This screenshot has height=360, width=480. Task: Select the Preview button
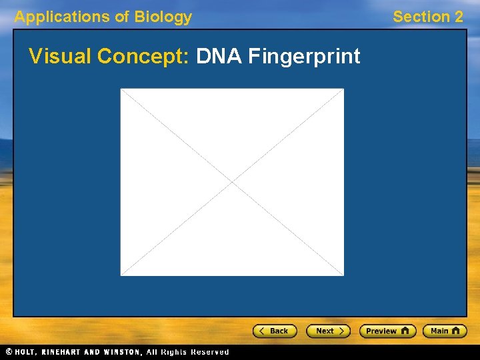tap(387, 331)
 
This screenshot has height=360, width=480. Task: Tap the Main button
tap(445, 331)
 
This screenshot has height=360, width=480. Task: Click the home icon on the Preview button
tap(405, 331)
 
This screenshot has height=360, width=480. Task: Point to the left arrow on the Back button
tap(263, 331)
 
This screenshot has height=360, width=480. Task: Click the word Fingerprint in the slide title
tap(304, 57)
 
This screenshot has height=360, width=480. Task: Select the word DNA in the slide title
tap(219, 57)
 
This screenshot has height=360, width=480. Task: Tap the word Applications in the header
tap(63, 17)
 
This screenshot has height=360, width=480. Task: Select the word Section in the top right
tap(421, 17)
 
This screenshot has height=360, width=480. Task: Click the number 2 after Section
tap(458, 17)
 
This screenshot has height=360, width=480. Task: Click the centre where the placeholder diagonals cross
tap(232, 182)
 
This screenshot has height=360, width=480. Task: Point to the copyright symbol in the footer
tap(9, 351)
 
